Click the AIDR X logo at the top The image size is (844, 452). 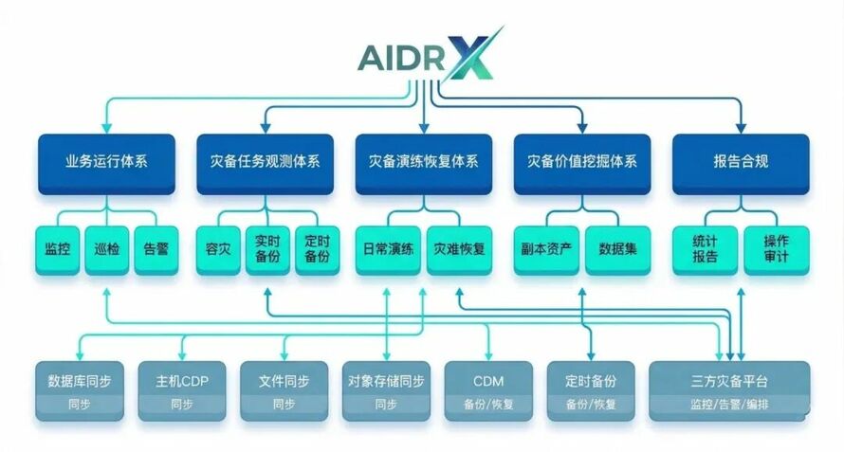tap(427, 56)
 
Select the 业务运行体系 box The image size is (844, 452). tap(106, 162)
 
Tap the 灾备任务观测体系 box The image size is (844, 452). tap(265, 162)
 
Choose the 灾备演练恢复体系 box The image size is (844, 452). tap(423, 162)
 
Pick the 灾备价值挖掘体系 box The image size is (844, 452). tap(581, 162)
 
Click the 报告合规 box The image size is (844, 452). tap(741, 162)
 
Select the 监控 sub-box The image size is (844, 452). tap(58, 250)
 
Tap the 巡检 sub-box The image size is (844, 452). tap(107, 250)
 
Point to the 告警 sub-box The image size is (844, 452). tap(156, 250)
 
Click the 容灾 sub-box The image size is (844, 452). tap(217, 250)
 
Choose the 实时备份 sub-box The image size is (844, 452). tap(266, 250)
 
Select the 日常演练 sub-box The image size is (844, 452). tap(388, 250)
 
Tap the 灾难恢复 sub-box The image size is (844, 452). tap(460, 250)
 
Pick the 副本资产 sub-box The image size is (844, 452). tap(546, 250)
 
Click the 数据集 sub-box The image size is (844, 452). tap(617, 250)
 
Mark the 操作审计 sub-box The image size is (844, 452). tap(777, 250)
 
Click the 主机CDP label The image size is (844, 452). tap(181, 381)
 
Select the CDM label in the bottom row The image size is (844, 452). tap(488, 381)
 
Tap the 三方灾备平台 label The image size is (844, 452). tap(729, 381)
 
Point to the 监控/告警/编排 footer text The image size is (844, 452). tap(729, 405)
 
